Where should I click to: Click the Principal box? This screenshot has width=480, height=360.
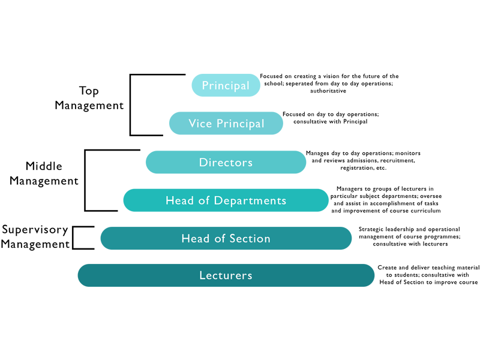tap(226, 85)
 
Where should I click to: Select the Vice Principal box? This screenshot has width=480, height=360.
tap(226, 123)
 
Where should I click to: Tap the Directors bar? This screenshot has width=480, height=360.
tap(226, 162)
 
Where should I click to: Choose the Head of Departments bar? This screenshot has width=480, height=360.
tap(226, 200)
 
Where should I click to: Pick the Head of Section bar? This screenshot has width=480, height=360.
tap(226, 238)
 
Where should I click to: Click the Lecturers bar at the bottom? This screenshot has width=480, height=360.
tap(226, 275)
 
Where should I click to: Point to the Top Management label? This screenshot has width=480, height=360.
tap(89, 98)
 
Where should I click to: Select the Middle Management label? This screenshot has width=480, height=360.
tap(44, 173)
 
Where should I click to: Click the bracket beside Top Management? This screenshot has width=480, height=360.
tap(131, 105)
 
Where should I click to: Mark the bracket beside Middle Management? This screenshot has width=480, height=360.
tap(86, 180)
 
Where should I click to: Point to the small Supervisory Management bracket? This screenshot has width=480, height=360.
tap(73, 238)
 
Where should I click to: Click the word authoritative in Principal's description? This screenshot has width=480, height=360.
tap(328, 91)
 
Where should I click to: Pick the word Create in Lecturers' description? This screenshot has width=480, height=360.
tap(388, 267)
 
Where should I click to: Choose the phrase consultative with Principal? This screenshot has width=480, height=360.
tap(330, 121)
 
